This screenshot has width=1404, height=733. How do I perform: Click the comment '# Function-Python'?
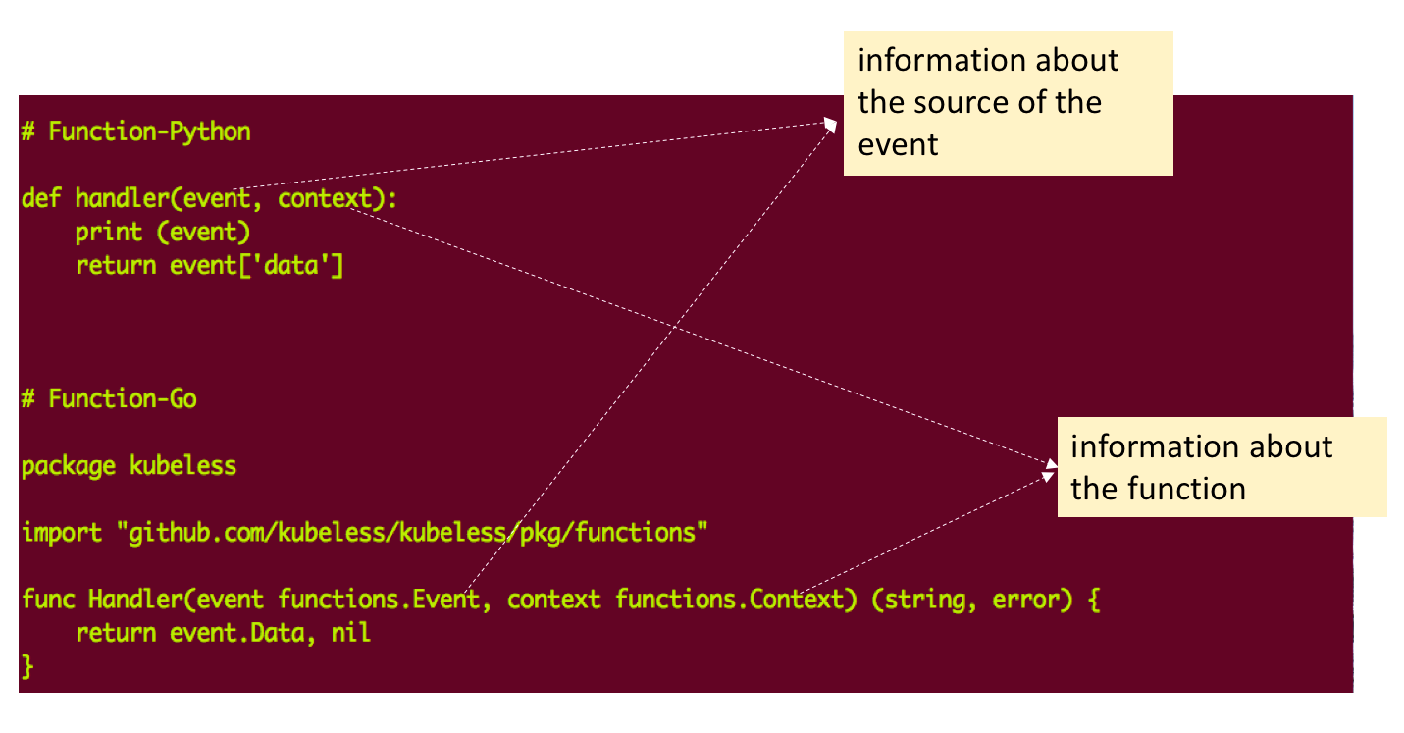135,131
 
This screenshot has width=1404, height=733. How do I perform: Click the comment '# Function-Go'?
108,398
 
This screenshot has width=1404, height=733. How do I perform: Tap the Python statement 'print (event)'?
163,233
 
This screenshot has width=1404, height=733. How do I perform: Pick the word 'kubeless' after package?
182,465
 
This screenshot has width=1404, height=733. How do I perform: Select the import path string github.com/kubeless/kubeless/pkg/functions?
412,533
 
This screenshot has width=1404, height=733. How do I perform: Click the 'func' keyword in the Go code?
47,599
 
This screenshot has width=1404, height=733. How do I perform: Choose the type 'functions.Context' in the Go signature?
730,599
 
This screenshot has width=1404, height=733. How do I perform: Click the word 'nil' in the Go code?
350,633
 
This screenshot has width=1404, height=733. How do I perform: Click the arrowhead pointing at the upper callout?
832,123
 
